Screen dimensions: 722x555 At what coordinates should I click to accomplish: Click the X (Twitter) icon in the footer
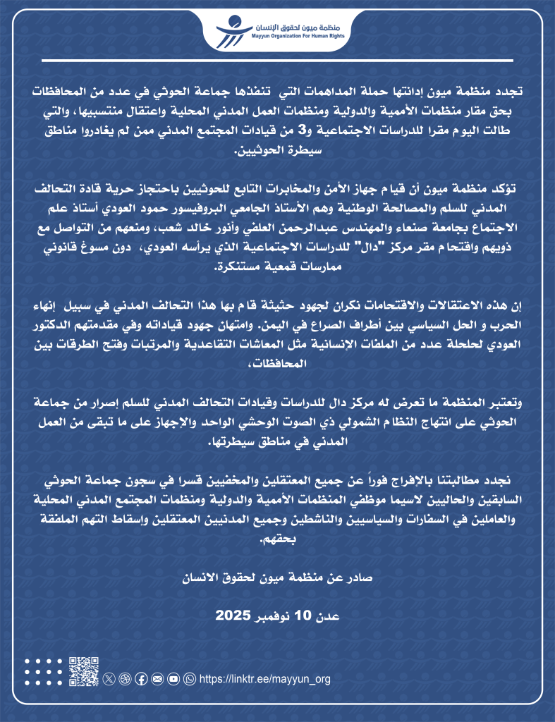tap(108, 678)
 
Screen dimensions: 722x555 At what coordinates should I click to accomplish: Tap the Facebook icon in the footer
tap(140, 678)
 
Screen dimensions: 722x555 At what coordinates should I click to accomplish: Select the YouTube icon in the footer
tap(173, 678)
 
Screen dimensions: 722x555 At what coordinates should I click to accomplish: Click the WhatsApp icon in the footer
tap(189, 678)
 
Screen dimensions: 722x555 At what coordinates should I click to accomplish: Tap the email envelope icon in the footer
tap(157, 678)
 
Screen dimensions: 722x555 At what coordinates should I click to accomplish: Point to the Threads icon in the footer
tap(124, 678)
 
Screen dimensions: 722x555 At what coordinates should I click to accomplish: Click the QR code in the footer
tap(83, 671)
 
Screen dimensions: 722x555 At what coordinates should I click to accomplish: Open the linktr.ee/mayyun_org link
tap(265, 679)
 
